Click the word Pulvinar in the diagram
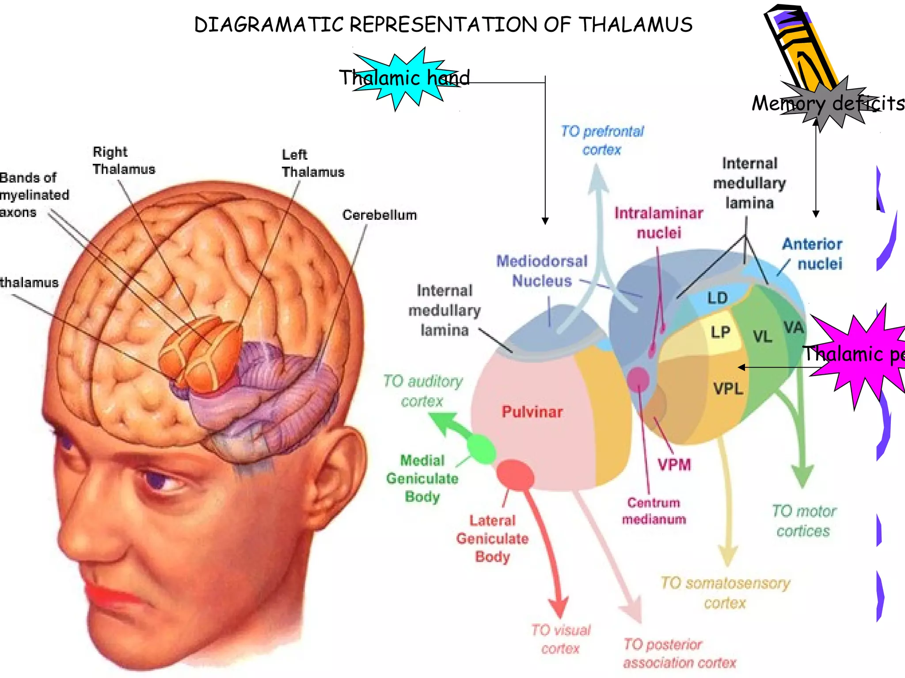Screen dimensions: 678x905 coord(532,412)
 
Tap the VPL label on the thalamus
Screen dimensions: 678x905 coord(728,389)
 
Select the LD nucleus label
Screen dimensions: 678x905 coord(717,298)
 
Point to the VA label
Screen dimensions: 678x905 coord(794,328)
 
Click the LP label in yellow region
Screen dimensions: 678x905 coord(720,332)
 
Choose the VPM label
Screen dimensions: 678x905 coord(674,465)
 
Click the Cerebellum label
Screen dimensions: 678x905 coord(379,215)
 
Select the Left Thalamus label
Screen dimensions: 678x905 coord(312,163)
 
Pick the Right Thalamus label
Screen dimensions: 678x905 coord(124,161)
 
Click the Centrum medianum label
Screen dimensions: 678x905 coord(654,511)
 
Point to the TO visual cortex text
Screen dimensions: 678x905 coord(560,639)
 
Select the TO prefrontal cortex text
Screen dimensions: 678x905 coord(602,140)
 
